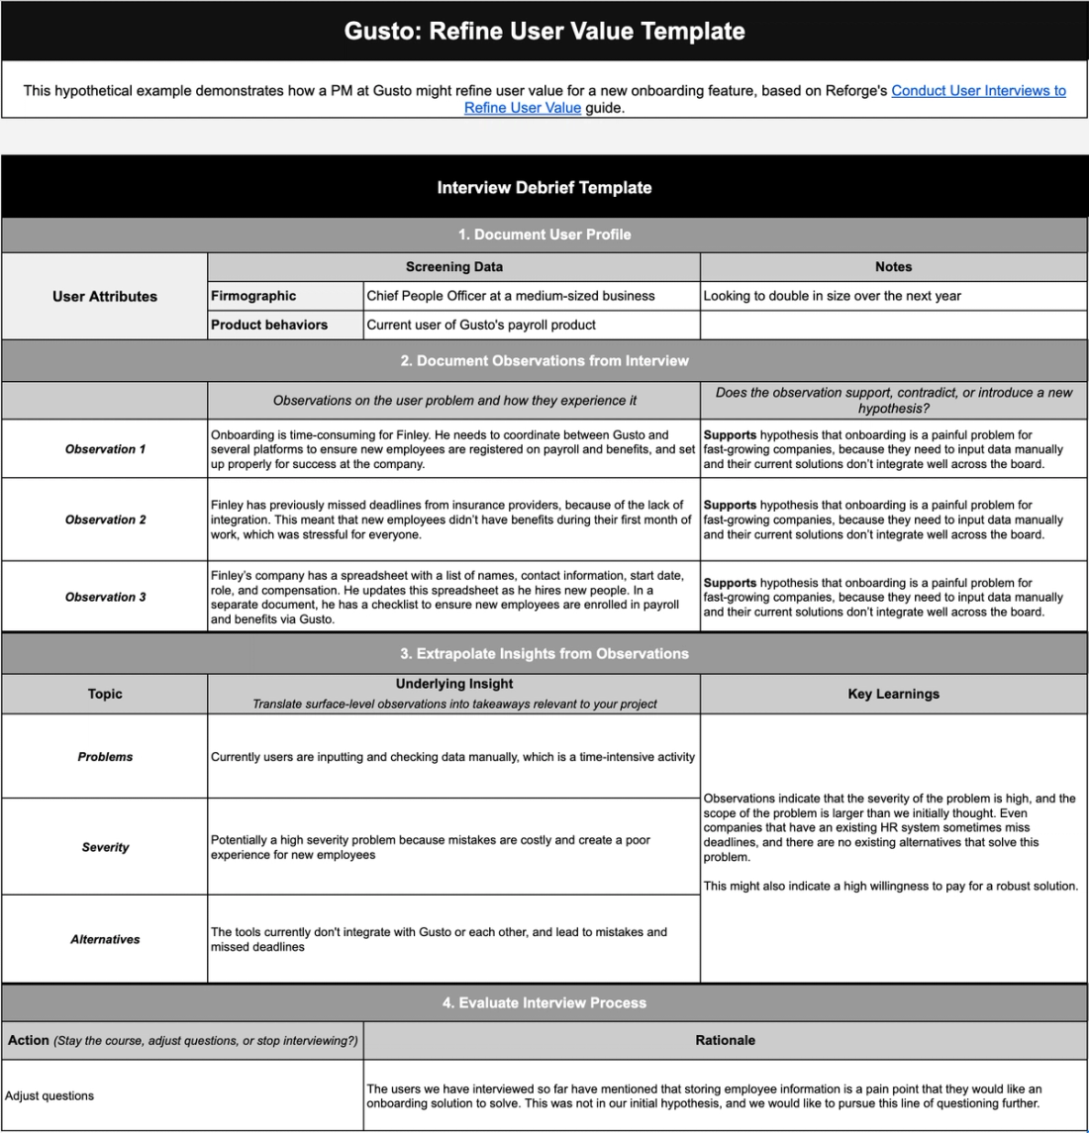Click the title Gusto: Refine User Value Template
click(544, 31)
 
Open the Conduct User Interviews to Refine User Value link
click(977, 90)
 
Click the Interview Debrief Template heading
click(544, 187)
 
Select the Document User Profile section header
click(544, 235)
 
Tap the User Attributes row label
click(105, 296)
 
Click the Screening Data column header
click(453, 267)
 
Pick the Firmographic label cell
click(253, 296)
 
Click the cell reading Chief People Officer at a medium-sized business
click(511, 296)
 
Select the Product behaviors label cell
click(269, 325)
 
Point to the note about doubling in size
click(832, 296)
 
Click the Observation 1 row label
click(105, 449)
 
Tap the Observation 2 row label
click(105, 519)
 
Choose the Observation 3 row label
click(105, 597)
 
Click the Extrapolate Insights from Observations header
click(544, 654)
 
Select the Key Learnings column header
click(893, 694)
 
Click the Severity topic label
click(105, 847)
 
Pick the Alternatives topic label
click(105, 939)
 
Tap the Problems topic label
click(105, 757)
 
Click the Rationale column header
click(725, 1040)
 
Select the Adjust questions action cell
click(49, 1095)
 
